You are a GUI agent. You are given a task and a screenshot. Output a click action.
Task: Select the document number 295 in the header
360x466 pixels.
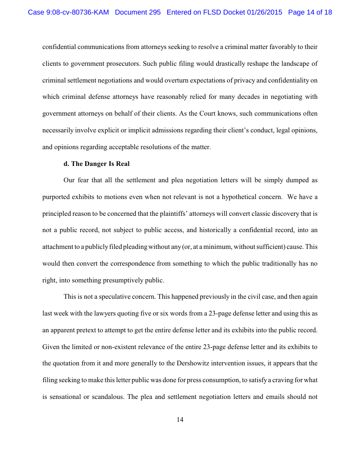pos(155,12)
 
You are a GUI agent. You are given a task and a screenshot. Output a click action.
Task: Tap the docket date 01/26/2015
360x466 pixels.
pos(265,12)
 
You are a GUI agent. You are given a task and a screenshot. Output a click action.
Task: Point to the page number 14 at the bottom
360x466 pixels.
pos(180,420)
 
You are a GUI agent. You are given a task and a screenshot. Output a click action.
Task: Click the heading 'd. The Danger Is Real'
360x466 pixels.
pos(97,164)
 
